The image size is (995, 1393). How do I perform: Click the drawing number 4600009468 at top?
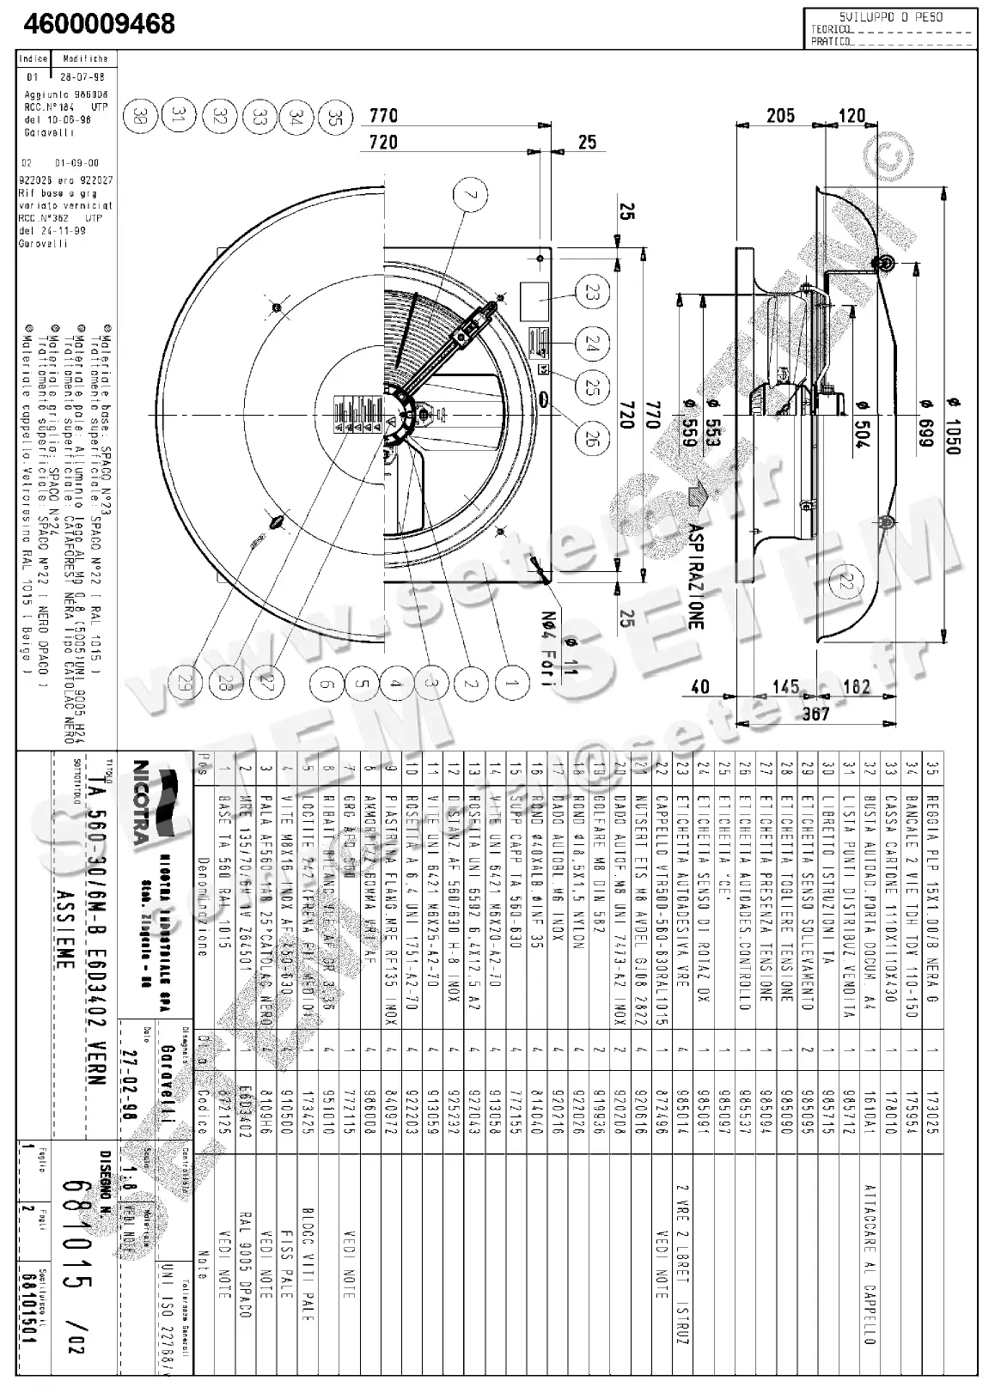pos(100,22)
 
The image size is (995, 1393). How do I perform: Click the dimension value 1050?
pos(953,428)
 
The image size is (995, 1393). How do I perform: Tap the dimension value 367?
pos(815,712)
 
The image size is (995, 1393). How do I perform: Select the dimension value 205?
pos(780,116)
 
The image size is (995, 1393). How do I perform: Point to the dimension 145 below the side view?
pos(785,687)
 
